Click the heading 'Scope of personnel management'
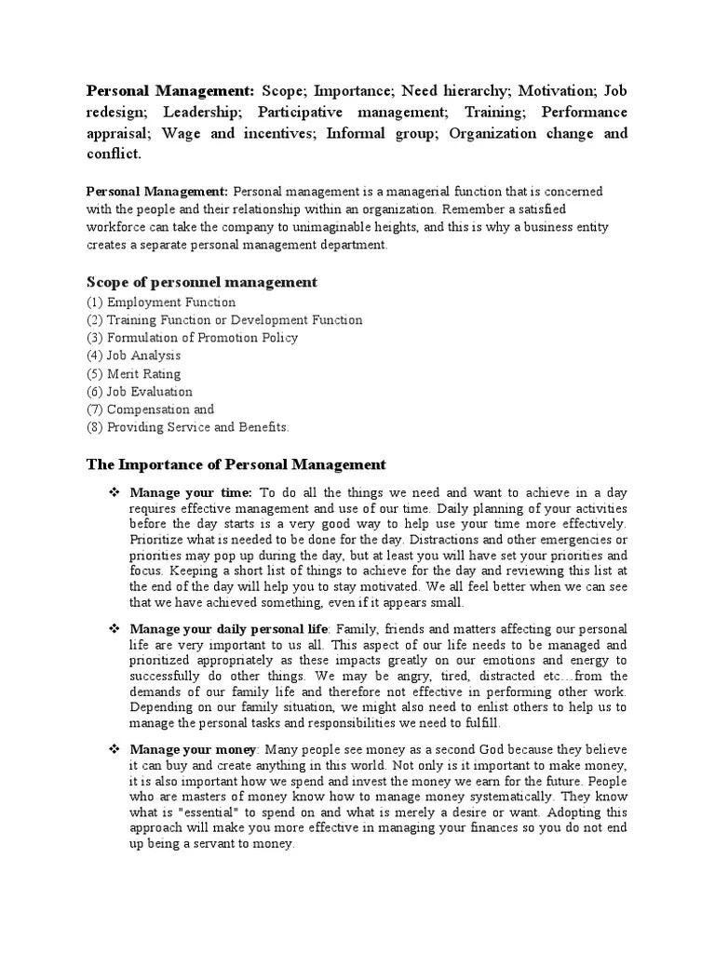pos(202,282)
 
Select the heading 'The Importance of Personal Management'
pos(236,463)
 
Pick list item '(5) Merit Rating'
pos(134,373)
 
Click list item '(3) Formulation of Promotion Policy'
pos(193,338)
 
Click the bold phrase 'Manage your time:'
pos(191,491)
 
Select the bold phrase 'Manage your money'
pos(191,749)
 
